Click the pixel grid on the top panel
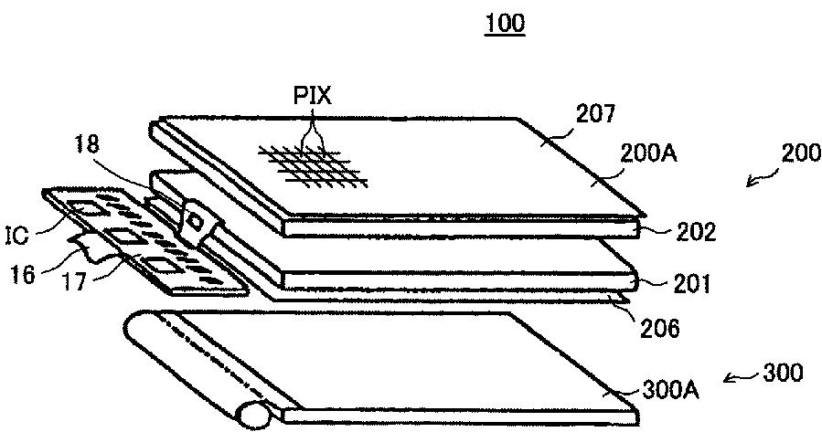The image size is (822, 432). pos(315,164)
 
